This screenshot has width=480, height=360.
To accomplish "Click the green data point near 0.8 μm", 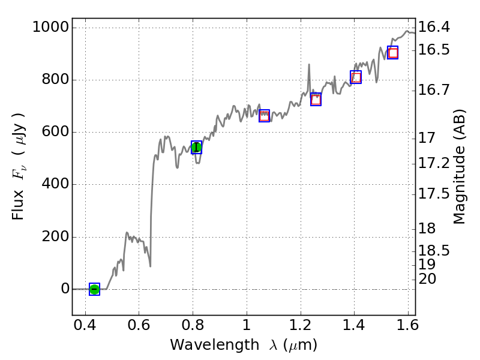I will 196,147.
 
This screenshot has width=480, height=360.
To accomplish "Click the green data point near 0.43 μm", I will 94,289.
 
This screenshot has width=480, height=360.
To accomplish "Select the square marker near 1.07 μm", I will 264,116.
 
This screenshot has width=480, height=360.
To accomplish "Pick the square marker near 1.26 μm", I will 316,99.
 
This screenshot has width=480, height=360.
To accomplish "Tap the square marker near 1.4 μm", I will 356,77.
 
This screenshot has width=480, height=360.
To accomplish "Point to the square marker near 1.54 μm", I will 392,53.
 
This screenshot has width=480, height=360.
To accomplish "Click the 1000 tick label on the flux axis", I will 50,28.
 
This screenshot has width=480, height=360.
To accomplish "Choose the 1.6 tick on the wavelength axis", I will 408,326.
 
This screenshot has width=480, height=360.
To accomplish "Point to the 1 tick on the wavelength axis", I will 247,326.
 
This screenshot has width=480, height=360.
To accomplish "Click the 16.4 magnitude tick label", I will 434,28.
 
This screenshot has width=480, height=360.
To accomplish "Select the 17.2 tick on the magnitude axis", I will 434,163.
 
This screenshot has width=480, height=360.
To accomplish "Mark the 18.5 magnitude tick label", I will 434,250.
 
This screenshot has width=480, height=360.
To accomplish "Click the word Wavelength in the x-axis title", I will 201,345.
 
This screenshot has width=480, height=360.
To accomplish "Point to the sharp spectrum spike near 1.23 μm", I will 309,65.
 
